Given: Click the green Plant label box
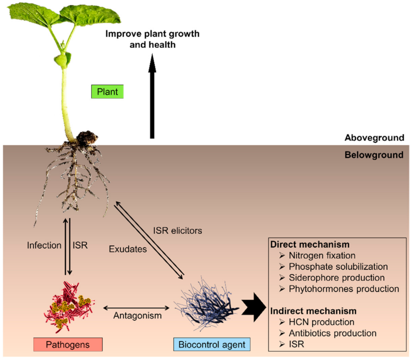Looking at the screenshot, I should click(107, 92).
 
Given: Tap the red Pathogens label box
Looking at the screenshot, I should click(68, 344).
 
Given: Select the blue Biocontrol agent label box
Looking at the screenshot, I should click(212, 344).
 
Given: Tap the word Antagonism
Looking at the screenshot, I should click(137, 315).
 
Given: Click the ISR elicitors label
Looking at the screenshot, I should click(177, 230).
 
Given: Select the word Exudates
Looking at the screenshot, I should click(128, 249).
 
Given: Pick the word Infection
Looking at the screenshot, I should click(44, 245).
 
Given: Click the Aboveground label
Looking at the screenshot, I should click(374, 138).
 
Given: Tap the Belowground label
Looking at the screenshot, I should click(374, 155).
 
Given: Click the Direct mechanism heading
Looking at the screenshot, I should click(310, 244).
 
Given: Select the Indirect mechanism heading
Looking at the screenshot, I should click(313, 311).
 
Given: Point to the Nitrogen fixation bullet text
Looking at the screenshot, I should click(322, 255).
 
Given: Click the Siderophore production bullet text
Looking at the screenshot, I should click(336, 278).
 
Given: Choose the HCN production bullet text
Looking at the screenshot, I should click(321, 322).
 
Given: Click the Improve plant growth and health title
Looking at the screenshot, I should click(152, 39).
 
